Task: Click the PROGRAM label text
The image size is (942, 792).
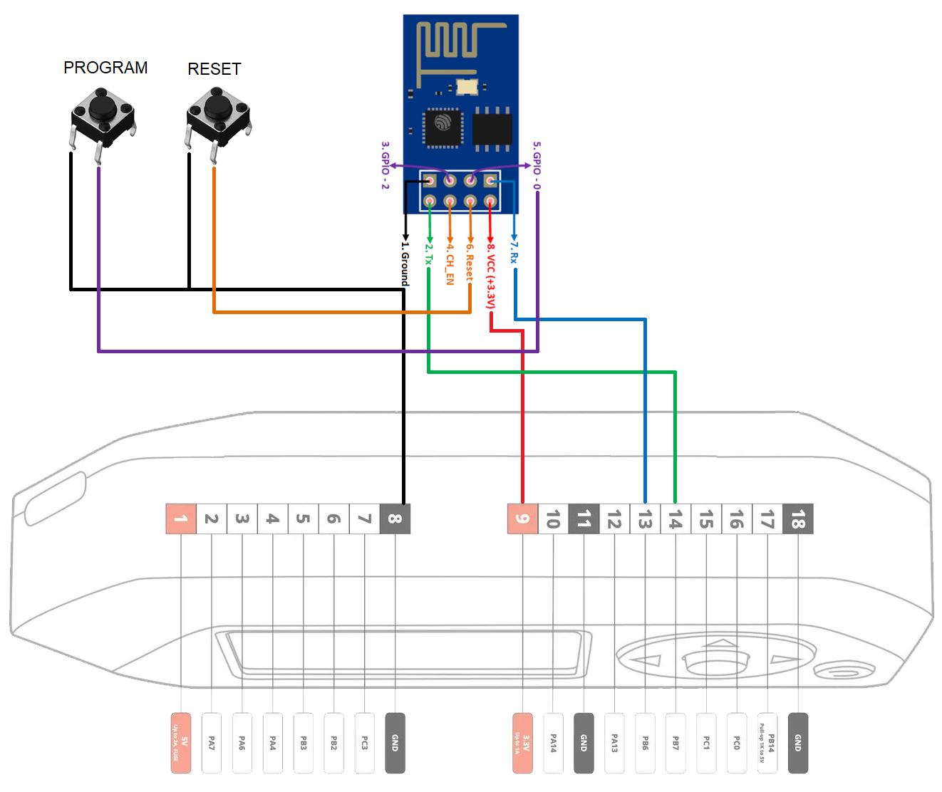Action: (105, 68)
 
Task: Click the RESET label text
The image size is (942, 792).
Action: (214, 69)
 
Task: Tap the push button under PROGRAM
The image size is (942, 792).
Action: (103, 115)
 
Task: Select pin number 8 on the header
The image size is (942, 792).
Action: (395, 519)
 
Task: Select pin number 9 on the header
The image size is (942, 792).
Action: (522, 519)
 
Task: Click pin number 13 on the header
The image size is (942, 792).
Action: (645, 519)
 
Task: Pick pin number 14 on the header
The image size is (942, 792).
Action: (676, 519)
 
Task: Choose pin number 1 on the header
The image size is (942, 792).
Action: (181, 519)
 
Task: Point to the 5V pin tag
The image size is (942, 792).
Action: (181, 743)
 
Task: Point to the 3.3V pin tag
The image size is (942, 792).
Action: (522, 743)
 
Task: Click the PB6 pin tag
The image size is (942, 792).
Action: (645, 743)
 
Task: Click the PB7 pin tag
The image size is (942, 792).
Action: (676, 743)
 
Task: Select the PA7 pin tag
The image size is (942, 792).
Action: (212, 743)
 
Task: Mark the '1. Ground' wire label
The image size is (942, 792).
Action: (405, 264)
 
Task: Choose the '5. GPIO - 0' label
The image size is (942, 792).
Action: (537, 165)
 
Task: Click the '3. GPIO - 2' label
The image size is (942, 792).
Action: (385, 165)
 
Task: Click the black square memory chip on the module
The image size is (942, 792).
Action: (492, 129)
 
